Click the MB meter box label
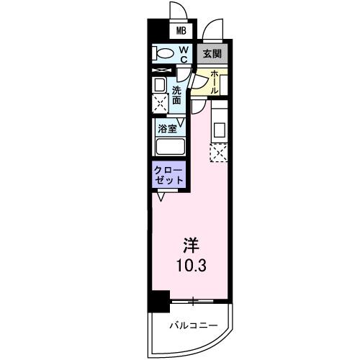181,31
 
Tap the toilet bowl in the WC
163,53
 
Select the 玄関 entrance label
212,53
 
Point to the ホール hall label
215,83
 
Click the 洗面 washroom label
176,95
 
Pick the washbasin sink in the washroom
159,85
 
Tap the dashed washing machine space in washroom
161,104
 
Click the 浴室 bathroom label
167,129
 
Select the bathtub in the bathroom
171,147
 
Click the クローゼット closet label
168,175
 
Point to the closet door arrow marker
161,196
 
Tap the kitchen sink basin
220,130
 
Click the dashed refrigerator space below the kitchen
219,153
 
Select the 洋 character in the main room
192,246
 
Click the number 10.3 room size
192,266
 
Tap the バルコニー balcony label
194,325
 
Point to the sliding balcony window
192,300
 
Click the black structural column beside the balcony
159,301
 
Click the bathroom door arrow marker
181,122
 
